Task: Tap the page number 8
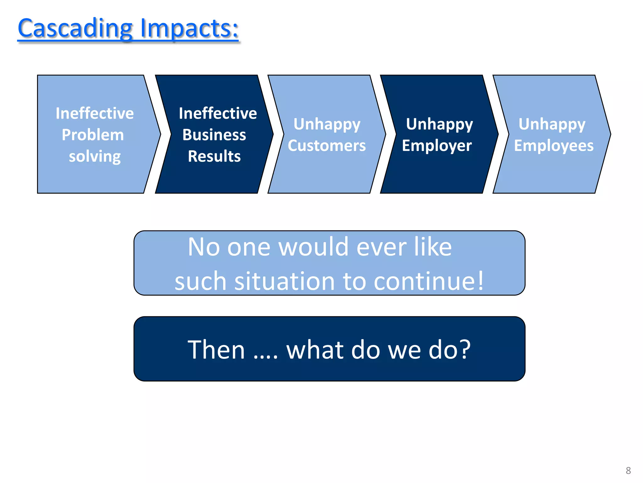[628, 470]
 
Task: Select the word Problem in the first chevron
[93, 135]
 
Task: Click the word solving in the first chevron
[95, 156]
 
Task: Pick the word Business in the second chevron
[214, 135]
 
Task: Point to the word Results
[214, 156]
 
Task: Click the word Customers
[327, 146]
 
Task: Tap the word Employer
[437, 146]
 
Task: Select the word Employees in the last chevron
[554, 146]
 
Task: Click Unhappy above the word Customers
[327, 124]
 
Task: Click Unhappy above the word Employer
[439, 124]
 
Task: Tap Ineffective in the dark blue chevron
[218, 113]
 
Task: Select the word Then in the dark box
[216, 350]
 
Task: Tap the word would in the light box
[313, 247]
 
